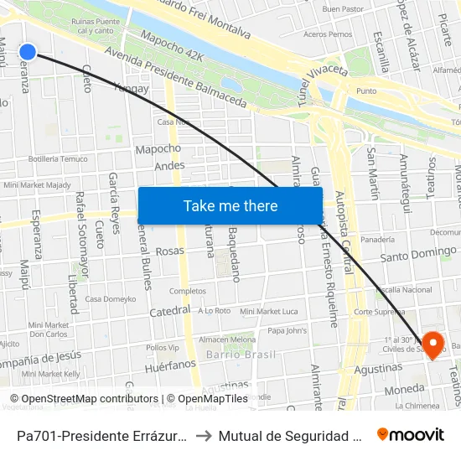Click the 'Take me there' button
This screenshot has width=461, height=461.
pyautogui.click(x=230, y=205)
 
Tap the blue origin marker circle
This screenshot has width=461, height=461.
pyautogui.click(x=27, y=52)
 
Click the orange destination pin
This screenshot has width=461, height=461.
pyautogui.click(x=433, y=344)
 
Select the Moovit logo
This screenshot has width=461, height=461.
pyautogui.click(x=411, y=434)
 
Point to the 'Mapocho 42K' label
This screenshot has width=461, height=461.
pyautogui.click(x=172, y=52)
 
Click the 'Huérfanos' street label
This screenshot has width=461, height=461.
pyautogui.click(x=169, y=365)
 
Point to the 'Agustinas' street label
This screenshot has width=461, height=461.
pyautogui.click(x=379, y=368)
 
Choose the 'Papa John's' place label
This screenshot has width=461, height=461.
pyautogui.click(x=287, y=330)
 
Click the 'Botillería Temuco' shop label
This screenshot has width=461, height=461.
pyautogui.click(x=58, y=158)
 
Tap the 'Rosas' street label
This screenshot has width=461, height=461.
pyautogui.click(x=169, y=251)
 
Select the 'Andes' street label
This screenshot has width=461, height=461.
pyautogui.click(x=169, y=166)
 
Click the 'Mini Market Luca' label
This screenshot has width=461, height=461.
pyautogui.click(x=268, y=311)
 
